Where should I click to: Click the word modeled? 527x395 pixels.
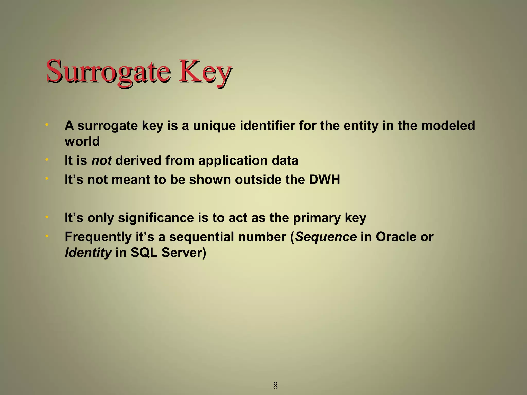(x=448, y=126)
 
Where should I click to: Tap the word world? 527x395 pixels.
(x=82, y=141)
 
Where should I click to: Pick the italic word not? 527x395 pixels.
(x=101, y=160)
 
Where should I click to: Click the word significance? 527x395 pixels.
(x=156, y=218)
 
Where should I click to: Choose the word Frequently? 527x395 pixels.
(x=98, y=237)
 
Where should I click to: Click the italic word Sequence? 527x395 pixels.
(x=326, y=237)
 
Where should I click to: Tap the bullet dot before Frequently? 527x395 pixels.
(x=47, y=236)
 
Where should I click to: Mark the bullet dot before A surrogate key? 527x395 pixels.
(x=47, y=125)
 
